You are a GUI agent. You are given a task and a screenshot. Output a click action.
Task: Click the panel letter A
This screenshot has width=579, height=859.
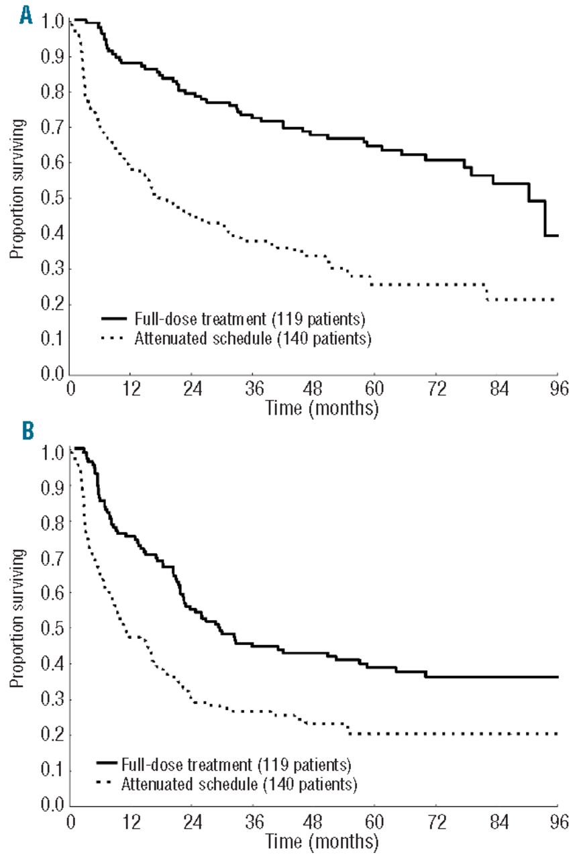pyautogui.click(x=26, y=15)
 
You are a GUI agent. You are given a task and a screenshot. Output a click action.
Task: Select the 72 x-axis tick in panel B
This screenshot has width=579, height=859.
pyautogui.click(x=436, y=821)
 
